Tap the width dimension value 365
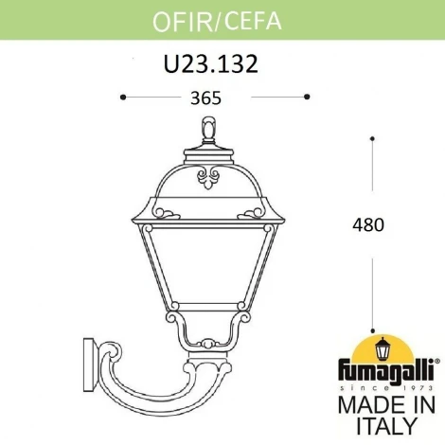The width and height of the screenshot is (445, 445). click(215, 97)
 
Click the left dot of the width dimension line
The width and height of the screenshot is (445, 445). click(123, 96)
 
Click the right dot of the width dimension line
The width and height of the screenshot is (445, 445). click(307, 96)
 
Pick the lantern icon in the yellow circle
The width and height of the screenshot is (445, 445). click(384, 346)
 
